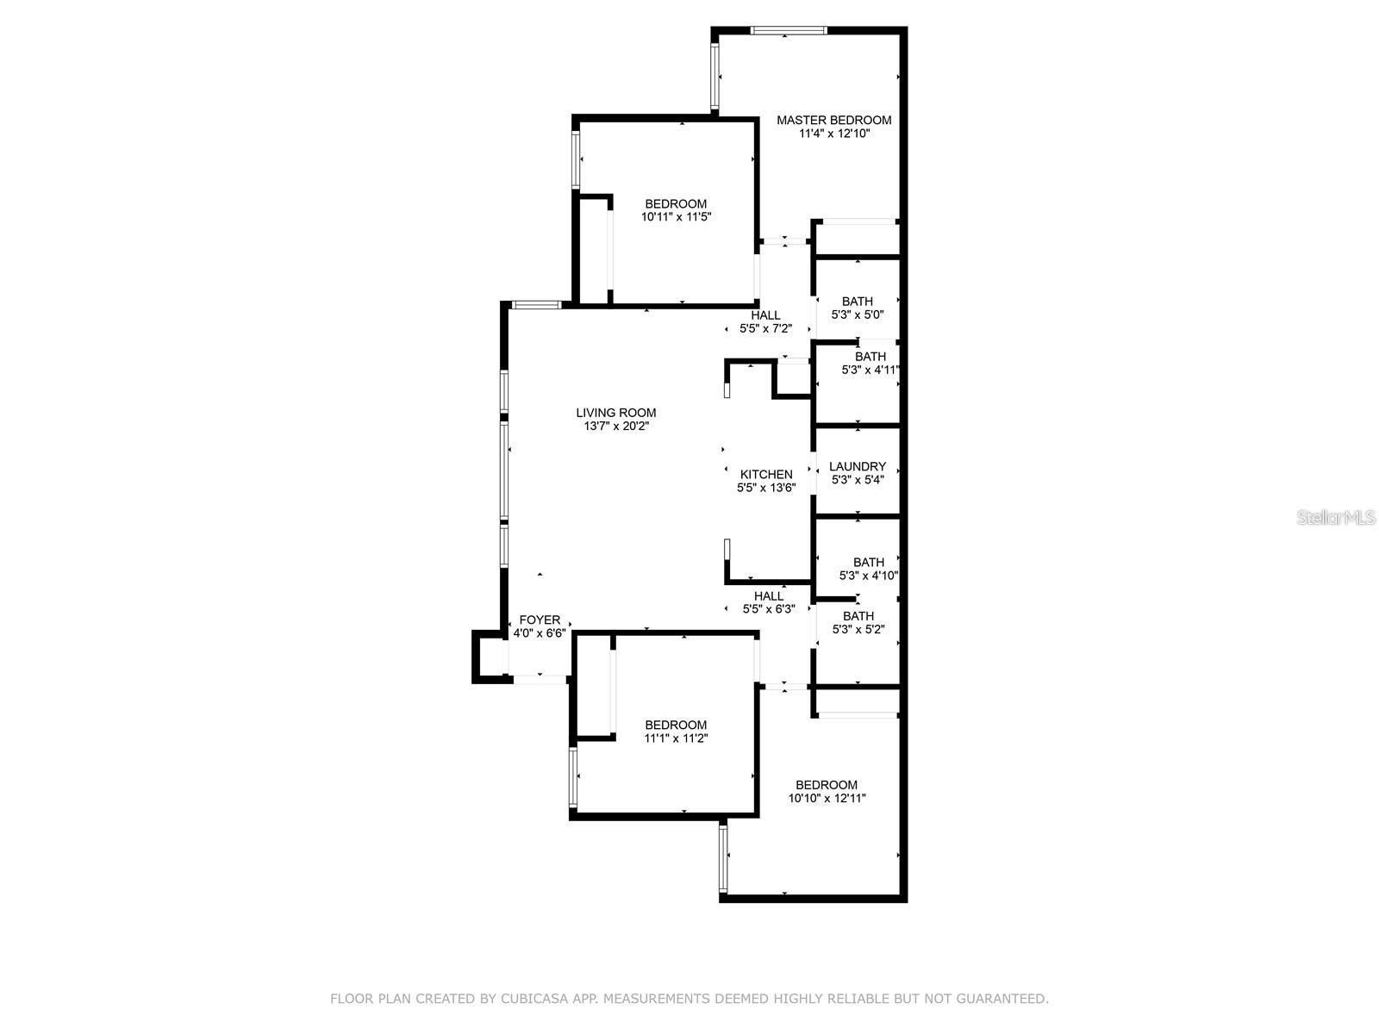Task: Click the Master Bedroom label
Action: (833, 120)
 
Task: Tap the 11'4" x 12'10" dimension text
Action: (833, 134)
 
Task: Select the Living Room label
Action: (615, 413)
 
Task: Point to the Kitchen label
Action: (766, 474)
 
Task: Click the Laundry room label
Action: (857, 466)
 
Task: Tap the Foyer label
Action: (540, 620)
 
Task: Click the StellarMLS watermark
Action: (1337, 517)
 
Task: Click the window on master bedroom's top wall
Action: (788, 31)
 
